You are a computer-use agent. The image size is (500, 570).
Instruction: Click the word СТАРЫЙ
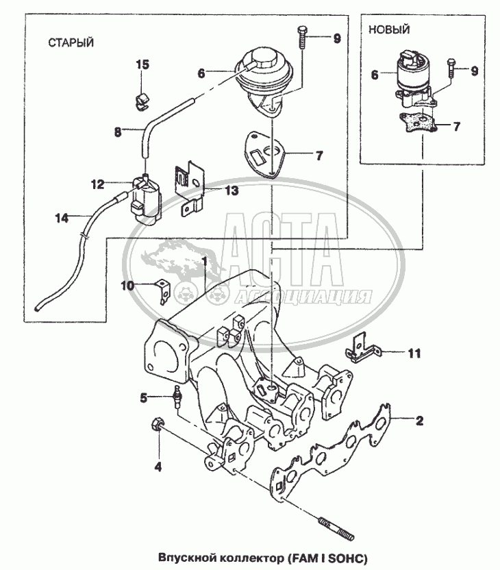pos(71,42)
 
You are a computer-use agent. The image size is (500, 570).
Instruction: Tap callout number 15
pos(142,65)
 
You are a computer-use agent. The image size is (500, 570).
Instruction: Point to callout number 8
pos(117,132)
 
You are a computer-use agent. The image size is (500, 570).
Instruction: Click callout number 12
pos(97,184)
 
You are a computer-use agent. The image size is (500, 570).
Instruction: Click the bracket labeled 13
pos(188,186)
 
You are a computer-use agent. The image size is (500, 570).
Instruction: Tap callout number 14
pos(62,219)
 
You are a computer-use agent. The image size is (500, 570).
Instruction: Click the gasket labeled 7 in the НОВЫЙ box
pos(420,124)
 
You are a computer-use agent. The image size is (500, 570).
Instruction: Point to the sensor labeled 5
pos(179,397)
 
